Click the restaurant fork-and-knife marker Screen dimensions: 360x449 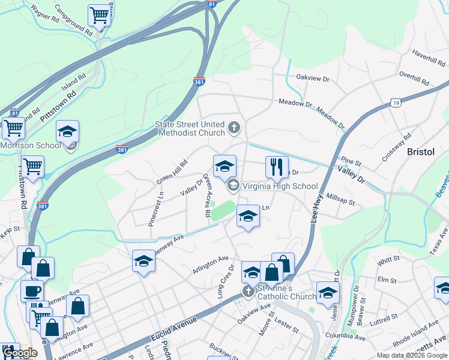point(277,167)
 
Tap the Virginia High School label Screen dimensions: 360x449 point(279,186)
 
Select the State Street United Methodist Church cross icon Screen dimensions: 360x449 point(234,128)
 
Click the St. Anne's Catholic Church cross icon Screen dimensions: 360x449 point(248,292)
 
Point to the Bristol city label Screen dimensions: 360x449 point(420,152)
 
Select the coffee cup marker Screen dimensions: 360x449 point(32,292)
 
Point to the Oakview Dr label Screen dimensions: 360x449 point(313,78)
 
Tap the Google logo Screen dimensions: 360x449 point(20,353)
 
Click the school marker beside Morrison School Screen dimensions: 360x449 point(68,132)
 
